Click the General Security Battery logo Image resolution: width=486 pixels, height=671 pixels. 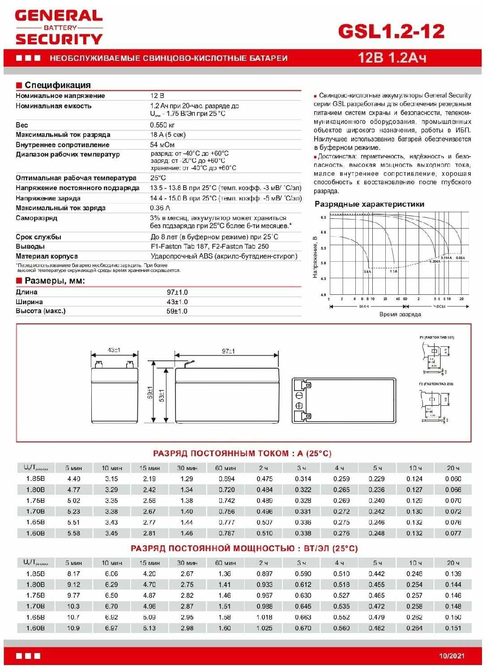59,28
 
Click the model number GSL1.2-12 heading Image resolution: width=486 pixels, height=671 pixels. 391,31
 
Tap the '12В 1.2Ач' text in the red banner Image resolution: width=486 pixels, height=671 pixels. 392,58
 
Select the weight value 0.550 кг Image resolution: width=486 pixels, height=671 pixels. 162,125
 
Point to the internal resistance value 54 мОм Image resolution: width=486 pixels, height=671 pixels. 162,145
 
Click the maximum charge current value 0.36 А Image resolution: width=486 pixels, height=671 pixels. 160,208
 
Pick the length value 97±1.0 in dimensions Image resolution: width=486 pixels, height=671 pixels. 177,292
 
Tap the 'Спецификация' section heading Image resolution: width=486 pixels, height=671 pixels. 57,85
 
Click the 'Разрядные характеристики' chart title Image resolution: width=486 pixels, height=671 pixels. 369,204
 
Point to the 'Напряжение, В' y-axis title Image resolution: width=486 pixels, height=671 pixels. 315,257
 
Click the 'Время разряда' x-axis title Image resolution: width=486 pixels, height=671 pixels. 400,314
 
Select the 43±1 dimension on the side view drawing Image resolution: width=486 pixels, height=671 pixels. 114,350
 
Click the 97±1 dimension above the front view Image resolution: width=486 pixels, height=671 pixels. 228,351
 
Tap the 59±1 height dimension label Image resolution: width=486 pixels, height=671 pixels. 150,392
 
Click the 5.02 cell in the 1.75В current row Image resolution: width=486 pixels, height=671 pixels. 73,501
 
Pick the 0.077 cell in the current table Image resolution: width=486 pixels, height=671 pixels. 453,533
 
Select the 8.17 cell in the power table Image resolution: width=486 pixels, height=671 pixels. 73,573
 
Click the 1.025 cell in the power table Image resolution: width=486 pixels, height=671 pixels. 264,628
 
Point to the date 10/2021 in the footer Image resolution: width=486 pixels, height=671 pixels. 452,656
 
